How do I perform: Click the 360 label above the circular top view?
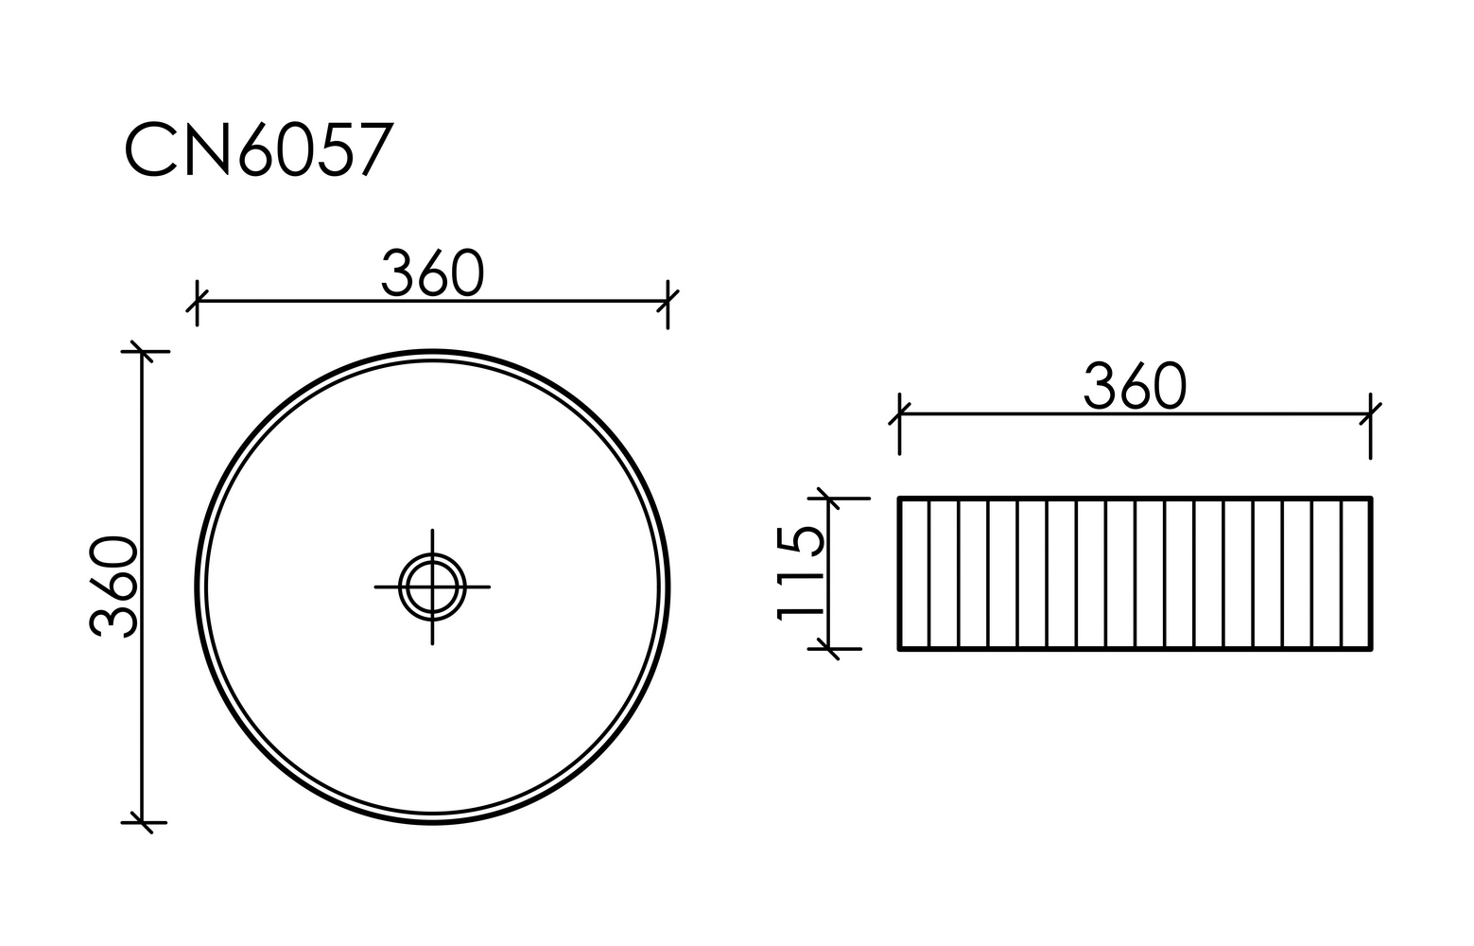pyautogui.click(x=432, y=273)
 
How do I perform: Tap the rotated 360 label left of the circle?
pyautogui.click(x=113, y=586)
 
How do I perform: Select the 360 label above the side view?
pyautogui.click(x=1135, y=386)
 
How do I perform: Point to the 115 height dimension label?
pyautogui.click(x=800, y=573)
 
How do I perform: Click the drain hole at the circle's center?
pyautogui.click(x=432, y=587)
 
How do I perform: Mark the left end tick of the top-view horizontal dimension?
pyautogui.click(x=197, y=302)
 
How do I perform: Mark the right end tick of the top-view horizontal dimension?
pyautogui.click(x=668, y=302)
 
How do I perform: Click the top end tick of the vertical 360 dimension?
pyautogui.click(x=142, y=351)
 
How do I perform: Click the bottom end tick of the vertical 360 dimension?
pyautogui.click(x=142, y=822)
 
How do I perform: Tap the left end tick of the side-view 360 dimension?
pyautogui.click(x=899, y=414)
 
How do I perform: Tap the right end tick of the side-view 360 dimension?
pyautogui.click(x=1370, y=414)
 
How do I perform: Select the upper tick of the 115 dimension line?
pyautogui.click(x=828, y=498)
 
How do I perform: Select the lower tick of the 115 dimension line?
pyautogui.click(x=828, y=649)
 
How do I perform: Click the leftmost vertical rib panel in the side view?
pyautogui.click(x=914, y=573)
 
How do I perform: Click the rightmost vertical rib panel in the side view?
pyautogui.click(x=1356, y=573)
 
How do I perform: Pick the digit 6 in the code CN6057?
pyautogui.click(x=256, y=149)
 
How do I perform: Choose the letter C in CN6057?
pyautogui.click(x=151, y=149)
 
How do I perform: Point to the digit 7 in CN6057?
pyautogui.click(x=375, y=149)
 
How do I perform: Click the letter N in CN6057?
pyautogui.click(x=207, y=149)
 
